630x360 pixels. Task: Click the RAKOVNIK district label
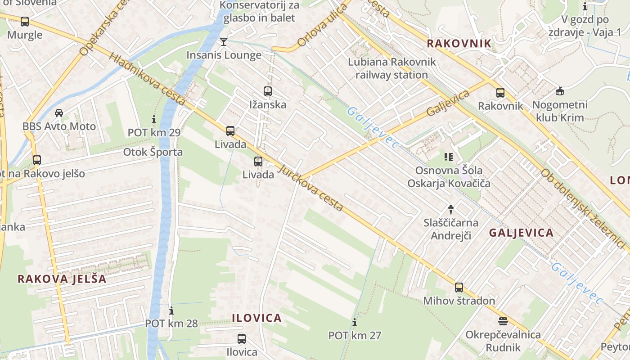point(459,43)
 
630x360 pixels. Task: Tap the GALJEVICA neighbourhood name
point(521,233)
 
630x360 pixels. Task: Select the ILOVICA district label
point(256,318)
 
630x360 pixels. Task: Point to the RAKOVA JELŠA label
point(62,279)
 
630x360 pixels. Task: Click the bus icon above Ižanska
point(268,91)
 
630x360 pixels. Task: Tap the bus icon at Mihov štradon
point(459,287)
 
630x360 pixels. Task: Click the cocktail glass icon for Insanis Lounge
point(223,42)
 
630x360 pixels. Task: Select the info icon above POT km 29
point(154,119)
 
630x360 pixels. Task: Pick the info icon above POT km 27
point(355,322)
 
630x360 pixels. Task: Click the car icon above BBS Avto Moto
point(59,112)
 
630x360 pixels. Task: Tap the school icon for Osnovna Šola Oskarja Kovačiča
point(448,157)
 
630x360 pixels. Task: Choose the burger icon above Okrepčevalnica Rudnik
point(503,321)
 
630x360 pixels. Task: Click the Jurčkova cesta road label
point(311,188)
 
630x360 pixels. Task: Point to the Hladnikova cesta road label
point(147,80)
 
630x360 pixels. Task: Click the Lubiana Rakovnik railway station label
point(391,68)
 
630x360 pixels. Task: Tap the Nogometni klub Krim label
point(560,111)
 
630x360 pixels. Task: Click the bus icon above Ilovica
point(242,338)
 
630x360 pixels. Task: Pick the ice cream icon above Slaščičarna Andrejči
point(451,209)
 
